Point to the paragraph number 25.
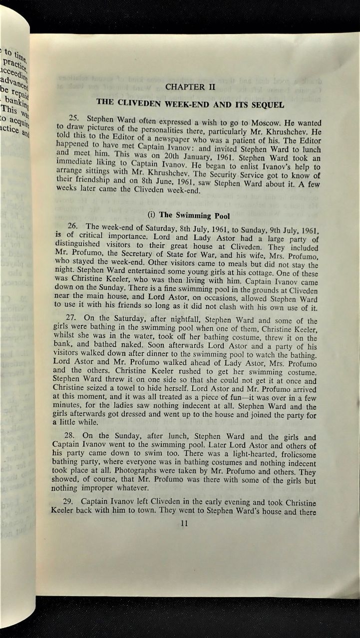pyautogui.click(x=75, y=118)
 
